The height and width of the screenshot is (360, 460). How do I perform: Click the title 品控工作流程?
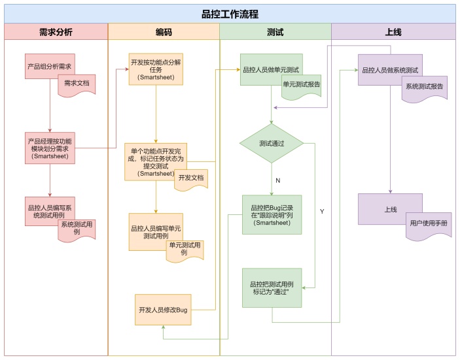coord(230,13)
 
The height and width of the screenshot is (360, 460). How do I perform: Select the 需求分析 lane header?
coord(56,31)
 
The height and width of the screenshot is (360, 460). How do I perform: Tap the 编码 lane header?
coord(164,31)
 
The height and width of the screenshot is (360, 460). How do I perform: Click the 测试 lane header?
coord(275,31)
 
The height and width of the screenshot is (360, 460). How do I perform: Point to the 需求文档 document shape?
coord(77,85)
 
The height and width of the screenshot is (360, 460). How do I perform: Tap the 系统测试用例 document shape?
coord(76,229)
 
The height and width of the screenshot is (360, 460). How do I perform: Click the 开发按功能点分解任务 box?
coord(156,69)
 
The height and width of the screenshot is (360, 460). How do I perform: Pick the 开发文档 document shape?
coord(191,178)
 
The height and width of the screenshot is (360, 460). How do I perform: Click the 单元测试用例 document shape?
coord(184,249)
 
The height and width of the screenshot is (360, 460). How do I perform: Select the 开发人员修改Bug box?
coord(163,309)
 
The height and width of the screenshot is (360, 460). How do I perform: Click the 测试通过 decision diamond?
coord(271,143)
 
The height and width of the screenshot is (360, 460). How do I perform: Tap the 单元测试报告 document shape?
coord(301,86)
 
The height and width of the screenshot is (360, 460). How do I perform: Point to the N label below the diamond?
coord(277,180)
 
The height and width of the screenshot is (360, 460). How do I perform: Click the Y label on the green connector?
coord(323,211)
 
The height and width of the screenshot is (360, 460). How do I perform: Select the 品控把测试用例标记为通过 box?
coord(272,288)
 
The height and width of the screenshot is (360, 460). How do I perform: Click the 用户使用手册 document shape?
coord(429,225)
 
